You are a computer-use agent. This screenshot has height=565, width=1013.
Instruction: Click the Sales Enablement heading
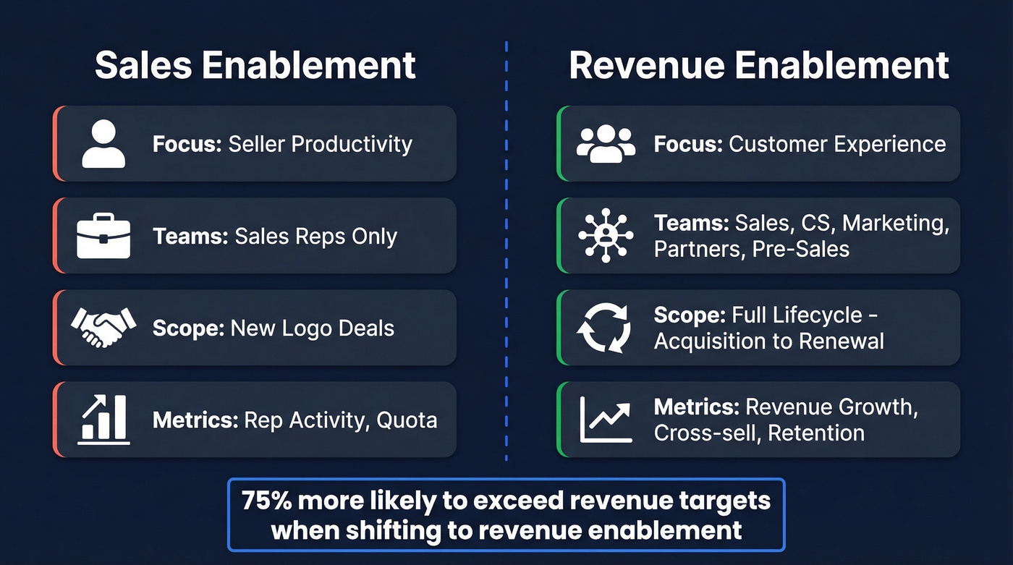click(x=255, y=65)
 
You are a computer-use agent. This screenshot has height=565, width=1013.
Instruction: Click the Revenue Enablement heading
click(x=758, y=65)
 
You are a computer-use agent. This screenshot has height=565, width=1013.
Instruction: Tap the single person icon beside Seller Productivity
click(x=103, y=144)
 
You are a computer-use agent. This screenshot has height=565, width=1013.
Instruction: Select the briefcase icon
click(x=103, y=236)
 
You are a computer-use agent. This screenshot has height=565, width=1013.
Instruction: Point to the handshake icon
click(x=103, y=327)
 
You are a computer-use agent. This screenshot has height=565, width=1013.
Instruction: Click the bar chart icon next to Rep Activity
click(x=103, y=420)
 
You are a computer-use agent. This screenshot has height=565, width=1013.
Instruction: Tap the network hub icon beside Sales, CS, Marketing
click(x=606, y=236)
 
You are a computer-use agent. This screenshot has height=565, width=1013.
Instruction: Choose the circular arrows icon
click(x=603, y=328)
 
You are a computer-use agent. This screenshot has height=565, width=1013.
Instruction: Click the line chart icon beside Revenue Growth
click(x=606, y=420)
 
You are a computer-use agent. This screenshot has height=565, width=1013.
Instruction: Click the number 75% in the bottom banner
click(x=266, y=501)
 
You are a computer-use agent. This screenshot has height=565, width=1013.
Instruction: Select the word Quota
click(x=407, y=420)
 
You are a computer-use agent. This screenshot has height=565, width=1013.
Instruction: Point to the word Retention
click(x=816, y=433)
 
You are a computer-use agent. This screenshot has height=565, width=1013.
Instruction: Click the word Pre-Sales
click(x=801, y=249)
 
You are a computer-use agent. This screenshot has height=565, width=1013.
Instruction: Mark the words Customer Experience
click(x=837, y=144)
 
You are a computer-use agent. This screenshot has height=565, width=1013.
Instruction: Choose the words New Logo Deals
click(x=312, y=328)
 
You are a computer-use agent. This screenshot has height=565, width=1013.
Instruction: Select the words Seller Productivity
click(x=320, y=144)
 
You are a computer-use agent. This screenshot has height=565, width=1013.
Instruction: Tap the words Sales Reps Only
click(x=315, y=237)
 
